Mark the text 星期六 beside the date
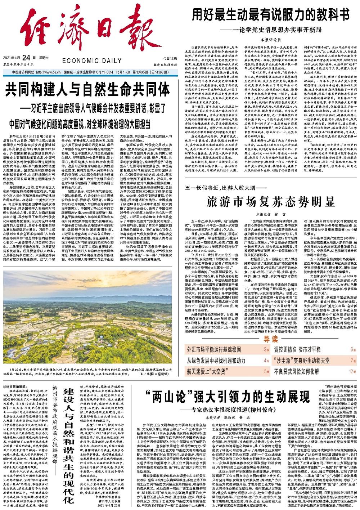click(x=44, y=58)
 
